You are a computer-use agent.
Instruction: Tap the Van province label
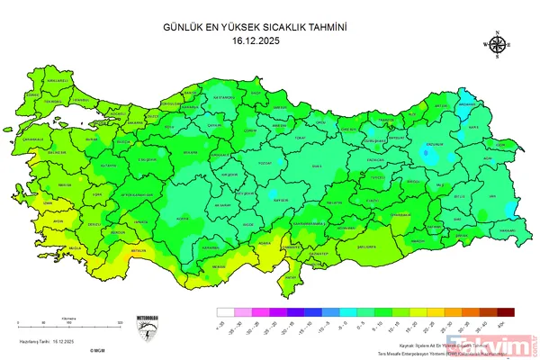click(x=490, y=195)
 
